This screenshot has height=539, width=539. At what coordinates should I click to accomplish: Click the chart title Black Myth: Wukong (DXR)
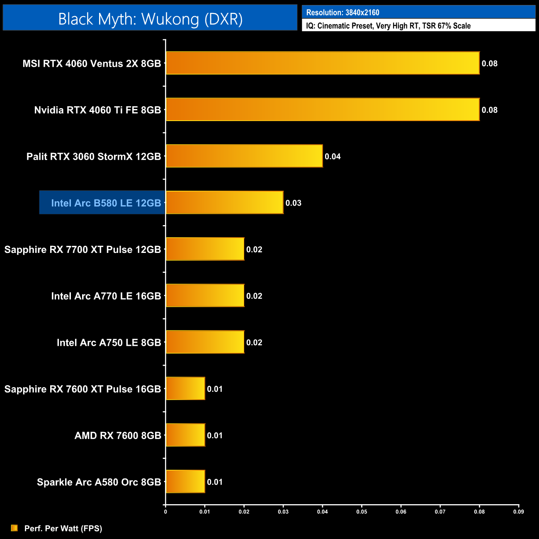(x=150, y=19)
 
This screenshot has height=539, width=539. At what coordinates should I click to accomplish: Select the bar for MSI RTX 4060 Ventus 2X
(x=323, y=63)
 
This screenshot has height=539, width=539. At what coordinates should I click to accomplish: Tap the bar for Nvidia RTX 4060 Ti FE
(x=323, y=109)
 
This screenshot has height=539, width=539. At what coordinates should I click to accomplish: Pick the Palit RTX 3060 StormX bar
(x=244, y=156)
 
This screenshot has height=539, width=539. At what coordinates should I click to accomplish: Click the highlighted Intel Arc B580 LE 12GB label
(x=106, y=203)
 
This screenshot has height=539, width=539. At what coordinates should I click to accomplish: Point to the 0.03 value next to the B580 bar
(x=293, y=203)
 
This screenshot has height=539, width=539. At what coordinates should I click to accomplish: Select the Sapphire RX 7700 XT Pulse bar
(x=205, y=249)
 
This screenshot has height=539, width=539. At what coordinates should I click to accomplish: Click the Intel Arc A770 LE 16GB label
(x=106, y=296)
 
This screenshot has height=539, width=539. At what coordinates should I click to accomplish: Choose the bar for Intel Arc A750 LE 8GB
(x=205, y=342)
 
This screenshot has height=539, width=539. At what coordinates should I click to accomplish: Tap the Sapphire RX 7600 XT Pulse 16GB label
(x=83, y=389)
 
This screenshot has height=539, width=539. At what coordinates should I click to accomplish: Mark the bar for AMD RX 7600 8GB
(x=185, y=435)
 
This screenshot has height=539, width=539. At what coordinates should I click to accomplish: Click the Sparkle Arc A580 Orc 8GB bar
(x=185, y=481)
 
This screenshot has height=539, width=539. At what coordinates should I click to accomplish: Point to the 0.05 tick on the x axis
(x=362, y=512)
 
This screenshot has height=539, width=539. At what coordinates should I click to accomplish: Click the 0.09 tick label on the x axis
(x=518, y=512)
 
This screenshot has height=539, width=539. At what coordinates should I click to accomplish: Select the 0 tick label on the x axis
(x=165, y=512)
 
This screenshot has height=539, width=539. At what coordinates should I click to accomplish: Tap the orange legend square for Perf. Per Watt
(x=15, y=528)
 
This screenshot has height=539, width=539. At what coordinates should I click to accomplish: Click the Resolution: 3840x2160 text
(x=342, y=12)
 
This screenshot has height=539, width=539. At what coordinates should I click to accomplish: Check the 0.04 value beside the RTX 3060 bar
(x=333, y=156)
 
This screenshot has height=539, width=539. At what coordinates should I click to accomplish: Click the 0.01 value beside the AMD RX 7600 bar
(x=215, y=435)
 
